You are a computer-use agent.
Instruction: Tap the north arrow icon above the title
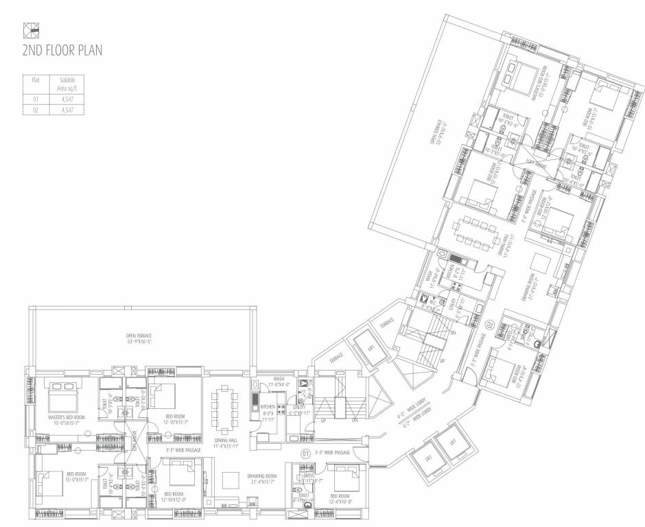(x=31, y=30)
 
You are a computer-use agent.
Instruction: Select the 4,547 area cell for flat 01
(x=67, y=99)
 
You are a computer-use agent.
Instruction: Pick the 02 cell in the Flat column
(x=36, y=109)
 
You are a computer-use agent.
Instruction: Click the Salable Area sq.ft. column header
(x=67, y=84)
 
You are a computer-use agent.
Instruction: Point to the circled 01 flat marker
(x=305, y=454)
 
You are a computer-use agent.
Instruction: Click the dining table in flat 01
(x=224, y=408)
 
